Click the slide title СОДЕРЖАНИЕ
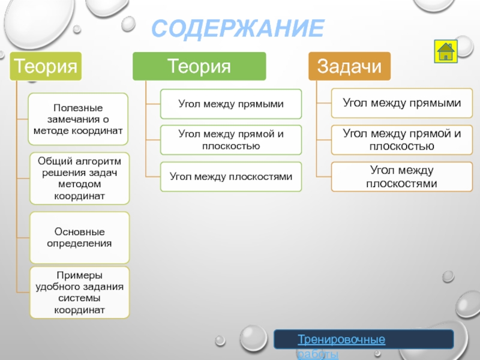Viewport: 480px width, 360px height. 238,29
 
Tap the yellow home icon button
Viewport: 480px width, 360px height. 445,51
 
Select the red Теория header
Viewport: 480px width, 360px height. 46,65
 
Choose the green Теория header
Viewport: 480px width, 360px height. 199,66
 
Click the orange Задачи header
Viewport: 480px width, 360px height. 349,66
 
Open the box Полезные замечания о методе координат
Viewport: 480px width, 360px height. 79,119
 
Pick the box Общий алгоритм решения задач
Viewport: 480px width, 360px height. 79,178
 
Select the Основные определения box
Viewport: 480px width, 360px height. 79,238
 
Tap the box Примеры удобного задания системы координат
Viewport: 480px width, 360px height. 79,292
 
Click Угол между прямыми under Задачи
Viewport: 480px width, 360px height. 402,103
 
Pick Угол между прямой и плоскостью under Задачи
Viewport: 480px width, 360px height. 402,140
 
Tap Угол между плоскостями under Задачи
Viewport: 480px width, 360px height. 402,177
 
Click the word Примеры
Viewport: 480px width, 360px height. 79,275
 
